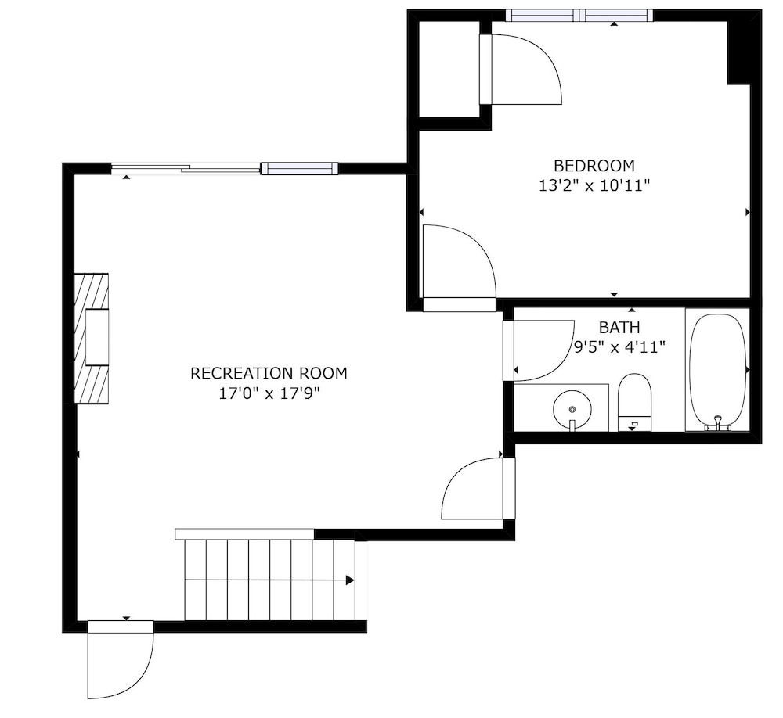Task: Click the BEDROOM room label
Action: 594,165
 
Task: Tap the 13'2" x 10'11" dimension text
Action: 594,186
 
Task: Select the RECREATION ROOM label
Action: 269,373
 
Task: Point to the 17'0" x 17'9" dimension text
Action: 269,393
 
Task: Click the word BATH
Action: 619,327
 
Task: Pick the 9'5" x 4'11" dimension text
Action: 619,346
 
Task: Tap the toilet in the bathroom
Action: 635,402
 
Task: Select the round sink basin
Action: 572,409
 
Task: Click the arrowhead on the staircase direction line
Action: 350,580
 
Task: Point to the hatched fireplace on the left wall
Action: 92,338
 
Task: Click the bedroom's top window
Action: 579,16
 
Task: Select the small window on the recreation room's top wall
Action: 300,169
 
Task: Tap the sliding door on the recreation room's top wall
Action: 186,169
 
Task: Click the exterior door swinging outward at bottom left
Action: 121,659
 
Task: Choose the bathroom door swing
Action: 539,350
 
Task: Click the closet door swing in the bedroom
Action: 521,70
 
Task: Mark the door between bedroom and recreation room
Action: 459,268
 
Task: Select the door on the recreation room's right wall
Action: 478,489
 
